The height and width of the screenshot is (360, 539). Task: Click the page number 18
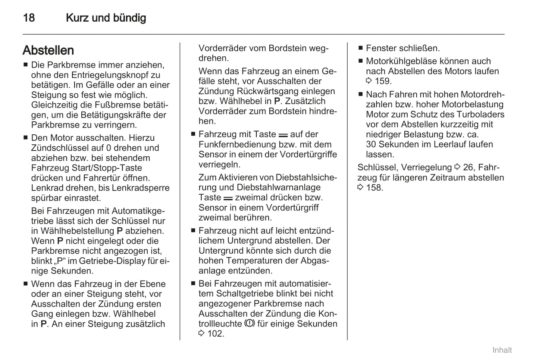click(x=29, y=18)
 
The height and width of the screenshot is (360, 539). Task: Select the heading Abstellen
click(x=48, y=50)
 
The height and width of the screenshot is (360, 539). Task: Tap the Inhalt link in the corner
click(x=502, y=350)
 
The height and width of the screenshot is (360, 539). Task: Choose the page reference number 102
click(x=215, y=334)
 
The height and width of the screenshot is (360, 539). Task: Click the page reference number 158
click(x=375, y=188)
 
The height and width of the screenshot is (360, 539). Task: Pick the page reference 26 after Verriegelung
click(x=468, y=168)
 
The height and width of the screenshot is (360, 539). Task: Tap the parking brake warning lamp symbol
click(x=250, y=323)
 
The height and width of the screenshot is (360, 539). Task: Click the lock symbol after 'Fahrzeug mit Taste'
click(x=283, y=135)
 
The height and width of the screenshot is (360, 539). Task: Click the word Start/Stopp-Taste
click(x=113, y=168)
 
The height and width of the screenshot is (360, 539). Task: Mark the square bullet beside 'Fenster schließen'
click(x=361, y=48)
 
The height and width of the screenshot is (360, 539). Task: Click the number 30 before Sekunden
click(x=371, y=144)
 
